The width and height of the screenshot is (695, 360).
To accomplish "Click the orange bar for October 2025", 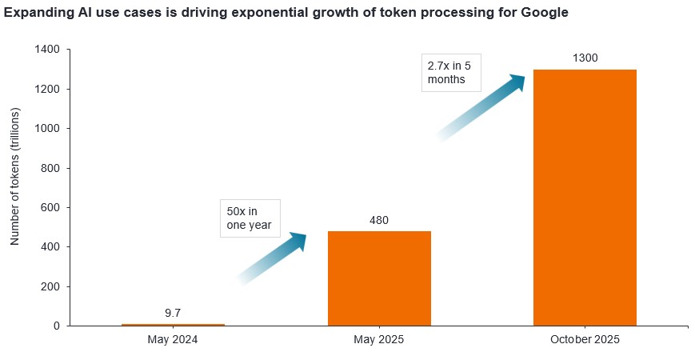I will click(585, 198).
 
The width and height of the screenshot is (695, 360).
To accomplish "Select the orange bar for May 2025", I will click(379, 278).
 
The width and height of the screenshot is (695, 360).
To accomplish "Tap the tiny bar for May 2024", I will click(173, 325).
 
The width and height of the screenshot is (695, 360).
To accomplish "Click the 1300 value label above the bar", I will click(585, 58).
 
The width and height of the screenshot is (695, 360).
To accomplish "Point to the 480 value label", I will click(379, 219).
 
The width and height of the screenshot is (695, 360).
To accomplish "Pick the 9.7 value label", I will click(173, 313).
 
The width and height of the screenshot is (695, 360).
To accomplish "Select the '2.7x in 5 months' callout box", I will click(450, 71).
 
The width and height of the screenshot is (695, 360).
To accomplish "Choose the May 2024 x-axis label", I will click(173, 340).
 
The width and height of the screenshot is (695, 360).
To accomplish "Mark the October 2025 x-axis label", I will click(585, 340).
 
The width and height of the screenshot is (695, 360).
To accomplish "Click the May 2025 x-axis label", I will click(379, 340).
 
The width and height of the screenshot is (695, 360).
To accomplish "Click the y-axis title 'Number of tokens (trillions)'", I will click(15, 187).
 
